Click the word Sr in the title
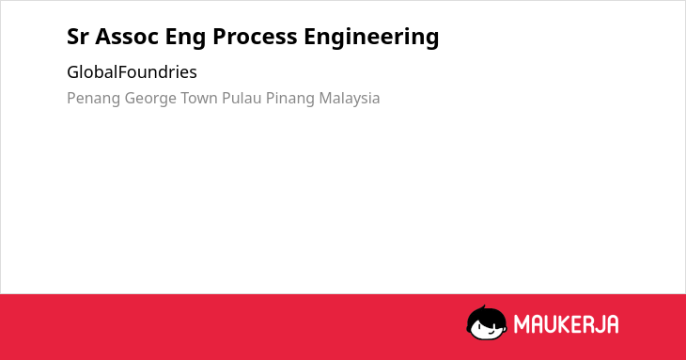pos(78,37)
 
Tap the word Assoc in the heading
pos(127,37)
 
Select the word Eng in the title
pos(185,38)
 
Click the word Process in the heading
pos(255,37)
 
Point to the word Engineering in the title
pos(371,38)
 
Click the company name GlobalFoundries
pos(132,72)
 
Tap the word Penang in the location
pos(93,99)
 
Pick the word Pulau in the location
pos(242,98)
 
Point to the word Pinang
pos(290,99)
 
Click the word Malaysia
pos(350,99)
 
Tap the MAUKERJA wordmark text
pos(566,324)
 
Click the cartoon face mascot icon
pos(487,322)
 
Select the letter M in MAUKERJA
pos(522,324)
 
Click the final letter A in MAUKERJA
pos(612,324)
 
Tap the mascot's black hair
pos(486,313)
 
